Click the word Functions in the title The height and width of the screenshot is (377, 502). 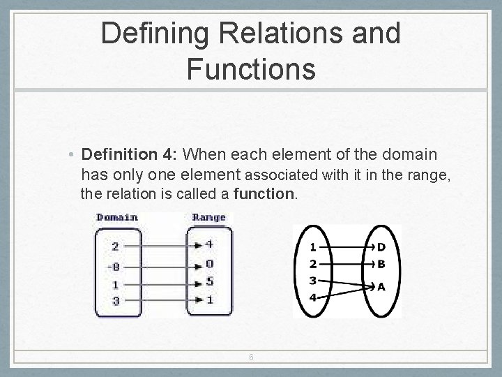pyautogui.click(x=251, y=69)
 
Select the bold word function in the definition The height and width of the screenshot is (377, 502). pyautogui.click(x=265, y=193)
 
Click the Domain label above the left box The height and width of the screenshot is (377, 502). pyautogui.click(x=117, y=217)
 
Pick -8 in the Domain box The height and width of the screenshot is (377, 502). pyautogui.click(x=116, y=265)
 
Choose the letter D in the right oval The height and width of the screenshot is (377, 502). pyautogui.click(x=381, y=246)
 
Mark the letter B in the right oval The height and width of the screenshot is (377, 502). pyautogui.click(x=381, y=265)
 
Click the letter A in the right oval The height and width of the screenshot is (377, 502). pyautogui.click(x=381, y=286)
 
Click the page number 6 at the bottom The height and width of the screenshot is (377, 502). pyautogui.click(x=251, y=357)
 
